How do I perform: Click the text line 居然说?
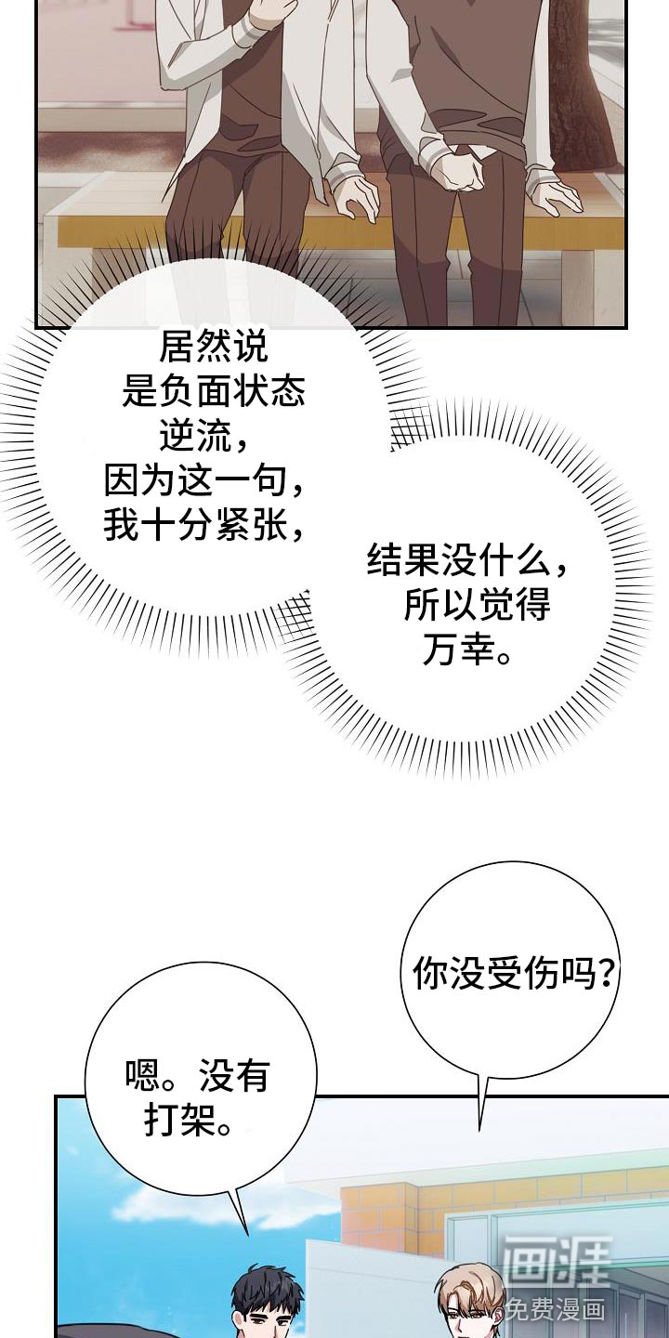(214, 348)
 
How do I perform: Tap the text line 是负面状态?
(214, 392)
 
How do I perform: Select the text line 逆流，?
(203, 438)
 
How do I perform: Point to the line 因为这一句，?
(203, 481)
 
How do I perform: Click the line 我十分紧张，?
(203, 526)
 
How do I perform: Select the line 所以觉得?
(478, 606)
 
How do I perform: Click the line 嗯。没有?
(198, 1076)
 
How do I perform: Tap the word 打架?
(180, 1121)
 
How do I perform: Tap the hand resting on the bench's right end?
(554, 193)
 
